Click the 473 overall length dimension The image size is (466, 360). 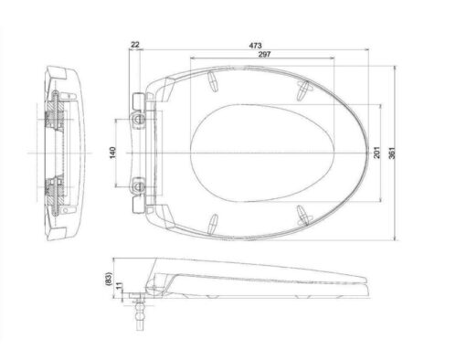click(x=255, y=46)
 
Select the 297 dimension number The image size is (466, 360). click(x=264, y=54)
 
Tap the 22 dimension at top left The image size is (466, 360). click(x=135, y=45)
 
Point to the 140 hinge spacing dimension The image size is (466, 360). click(x=112, y=153)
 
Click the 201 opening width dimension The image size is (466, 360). click(x=377, y=153)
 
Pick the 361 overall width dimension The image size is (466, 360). click(x=392, y=153)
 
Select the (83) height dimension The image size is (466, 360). click(x=109, y=279)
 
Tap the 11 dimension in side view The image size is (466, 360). click(x=119, y=286)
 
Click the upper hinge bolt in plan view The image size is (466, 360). click(x=140, y=119)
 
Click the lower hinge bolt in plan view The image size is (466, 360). click(x=140, y=186)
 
